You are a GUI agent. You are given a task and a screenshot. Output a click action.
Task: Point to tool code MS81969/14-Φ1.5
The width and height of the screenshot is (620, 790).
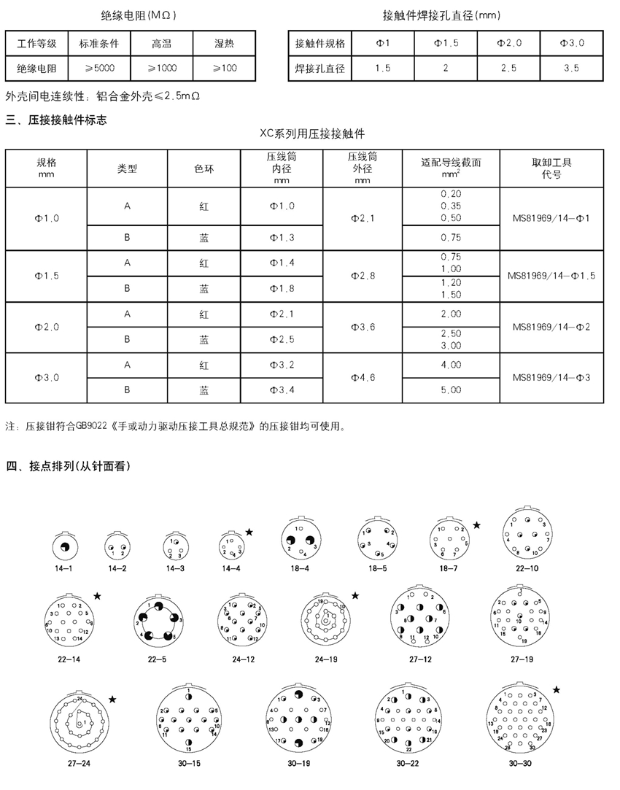coord(551,276)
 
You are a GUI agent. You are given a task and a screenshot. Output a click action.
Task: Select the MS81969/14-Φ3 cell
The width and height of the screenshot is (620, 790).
coord(551,377)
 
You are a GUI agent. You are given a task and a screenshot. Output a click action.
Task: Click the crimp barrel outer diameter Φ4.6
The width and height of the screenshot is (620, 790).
coord(363,377)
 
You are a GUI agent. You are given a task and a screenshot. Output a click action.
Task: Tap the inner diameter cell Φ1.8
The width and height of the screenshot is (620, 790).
coord(282,288)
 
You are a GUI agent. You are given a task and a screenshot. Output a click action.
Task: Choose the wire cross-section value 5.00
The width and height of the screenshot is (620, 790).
coord(452,390)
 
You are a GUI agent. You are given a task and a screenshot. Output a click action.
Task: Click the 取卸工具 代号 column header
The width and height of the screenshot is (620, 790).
coord(551,168)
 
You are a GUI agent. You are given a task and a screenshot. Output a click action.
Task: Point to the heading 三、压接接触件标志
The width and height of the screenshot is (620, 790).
coord(56,120)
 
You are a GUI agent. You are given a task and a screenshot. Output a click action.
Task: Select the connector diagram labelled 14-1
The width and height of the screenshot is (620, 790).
coord(63,546)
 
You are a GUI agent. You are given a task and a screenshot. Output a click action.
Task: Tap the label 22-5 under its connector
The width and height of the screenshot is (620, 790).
coord(156,658)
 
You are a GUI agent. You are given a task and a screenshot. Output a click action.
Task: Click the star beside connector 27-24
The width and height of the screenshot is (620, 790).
coord(112,700)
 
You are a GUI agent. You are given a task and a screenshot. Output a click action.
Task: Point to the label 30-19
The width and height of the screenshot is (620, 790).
coord(299,764)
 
